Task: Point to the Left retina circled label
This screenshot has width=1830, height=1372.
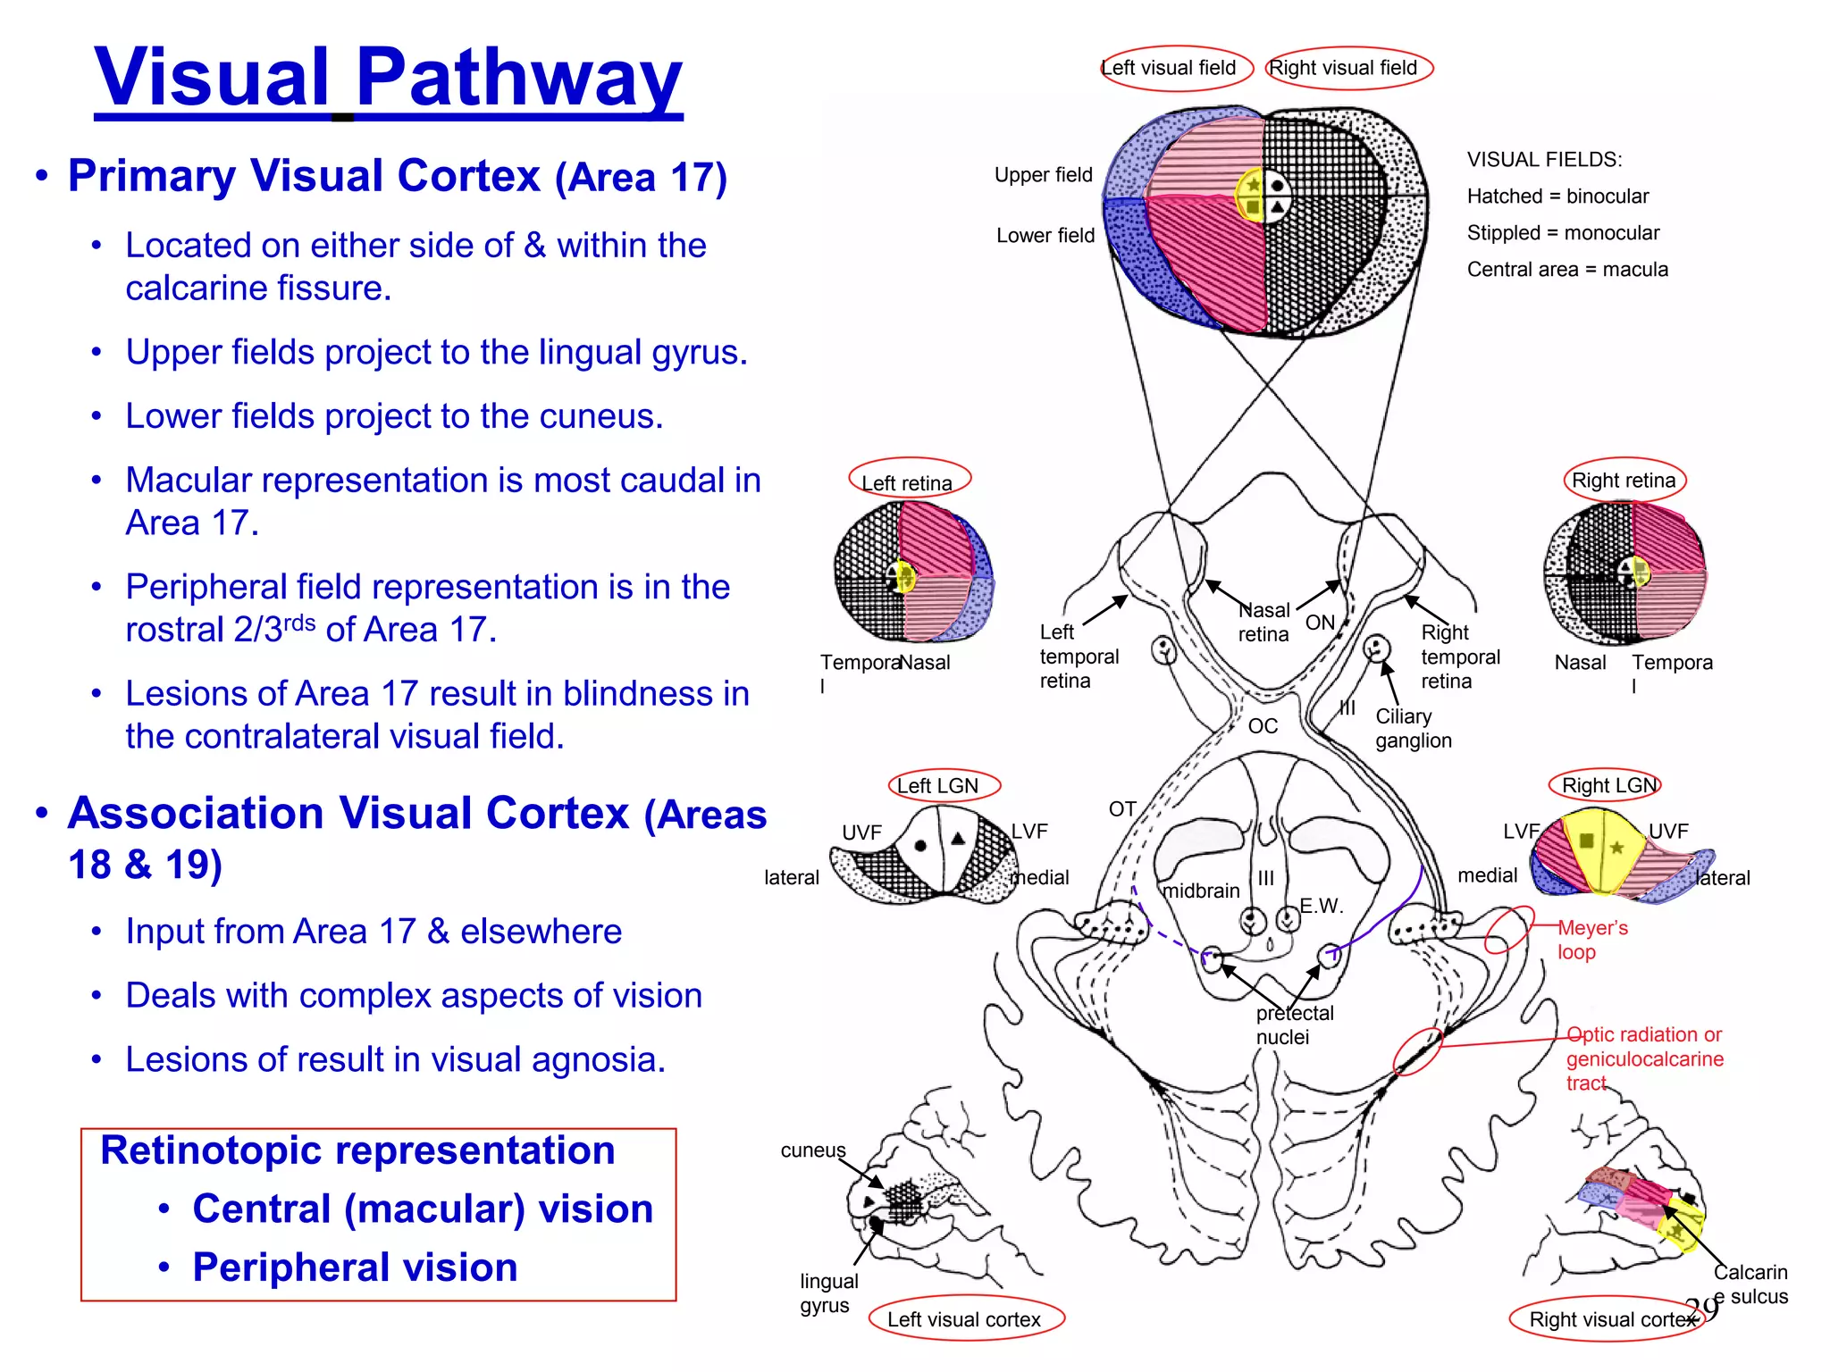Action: tap(907, 482)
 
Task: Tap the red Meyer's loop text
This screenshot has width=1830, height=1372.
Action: tap(1592, 939)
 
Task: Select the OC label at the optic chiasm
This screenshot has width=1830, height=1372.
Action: tap(1262, 725)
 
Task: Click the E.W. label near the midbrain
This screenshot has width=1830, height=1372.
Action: tap(1321, 906)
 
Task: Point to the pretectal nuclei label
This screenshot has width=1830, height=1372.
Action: tap(1294, 1025)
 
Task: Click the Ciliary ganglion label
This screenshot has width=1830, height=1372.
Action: tap(1413, 728)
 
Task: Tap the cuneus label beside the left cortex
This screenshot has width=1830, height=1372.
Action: tap(812, 1150)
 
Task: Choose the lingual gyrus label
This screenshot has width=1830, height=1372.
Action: tap(828, 1293)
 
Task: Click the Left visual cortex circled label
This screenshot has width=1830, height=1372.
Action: tap(964, 1319)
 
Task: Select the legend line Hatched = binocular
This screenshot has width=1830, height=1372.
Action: tap(1557, 196)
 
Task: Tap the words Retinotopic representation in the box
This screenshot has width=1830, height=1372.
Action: tap(357, 1150)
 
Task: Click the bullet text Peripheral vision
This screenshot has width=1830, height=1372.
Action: tap(355, 1267)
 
